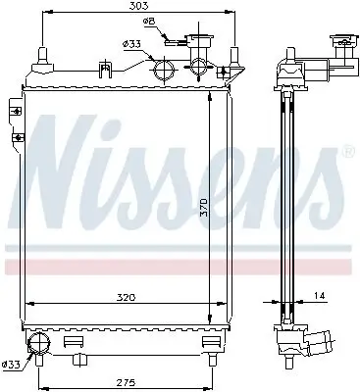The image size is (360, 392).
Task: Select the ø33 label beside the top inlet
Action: pyautogui.click(x=130, y=42)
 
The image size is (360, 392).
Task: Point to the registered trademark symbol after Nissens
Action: pyautogui.click(x=349, y=153)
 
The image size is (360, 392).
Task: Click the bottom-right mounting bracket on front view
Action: pyautogui.click(x=208, y=342)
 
